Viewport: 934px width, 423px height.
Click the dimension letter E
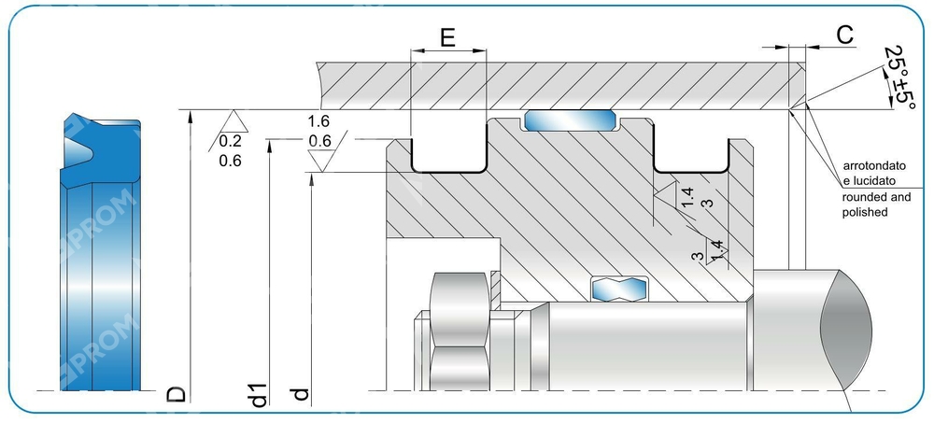point(447,38)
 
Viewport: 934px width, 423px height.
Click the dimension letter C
point(844,35)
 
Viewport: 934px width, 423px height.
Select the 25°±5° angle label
point(899,78)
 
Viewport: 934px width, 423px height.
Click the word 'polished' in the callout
point(865,212)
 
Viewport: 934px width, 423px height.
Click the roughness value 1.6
point(318,121)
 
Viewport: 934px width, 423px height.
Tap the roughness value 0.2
point(230,141)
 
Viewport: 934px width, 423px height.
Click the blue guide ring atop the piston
point(571,120)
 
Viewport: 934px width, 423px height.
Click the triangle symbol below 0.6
point(323,161)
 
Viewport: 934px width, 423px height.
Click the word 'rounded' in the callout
point(861,197)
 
